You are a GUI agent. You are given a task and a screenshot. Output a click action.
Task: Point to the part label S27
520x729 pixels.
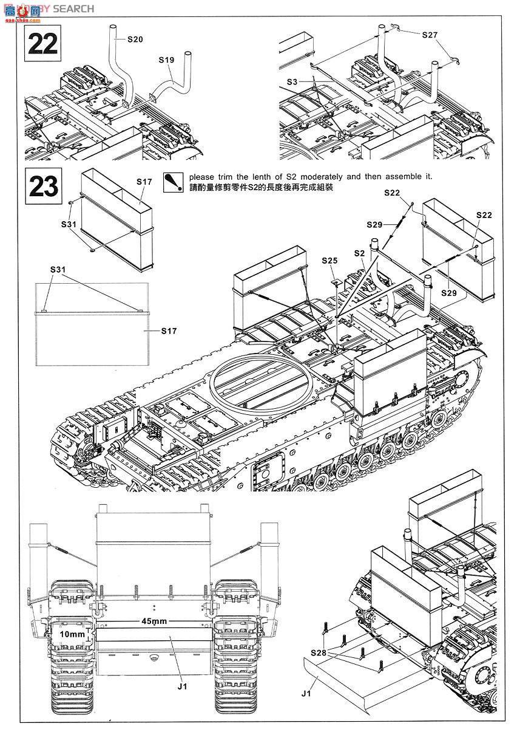coord(430,35)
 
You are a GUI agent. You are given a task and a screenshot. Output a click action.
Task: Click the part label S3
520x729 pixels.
coord(292,81)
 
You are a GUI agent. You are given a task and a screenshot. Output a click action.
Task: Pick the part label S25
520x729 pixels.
coord(330,260)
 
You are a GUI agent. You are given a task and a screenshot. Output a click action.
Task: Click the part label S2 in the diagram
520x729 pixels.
coord(359,252)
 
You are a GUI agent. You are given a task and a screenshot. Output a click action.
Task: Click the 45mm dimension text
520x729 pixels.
coord(154,621)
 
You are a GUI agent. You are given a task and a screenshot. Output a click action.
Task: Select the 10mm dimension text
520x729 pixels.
coord(72,634)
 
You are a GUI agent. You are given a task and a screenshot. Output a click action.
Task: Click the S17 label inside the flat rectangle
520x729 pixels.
coord(168,331)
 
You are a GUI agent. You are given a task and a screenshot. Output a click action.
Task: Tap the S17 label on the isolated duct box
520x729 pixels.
coord(144,182)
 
